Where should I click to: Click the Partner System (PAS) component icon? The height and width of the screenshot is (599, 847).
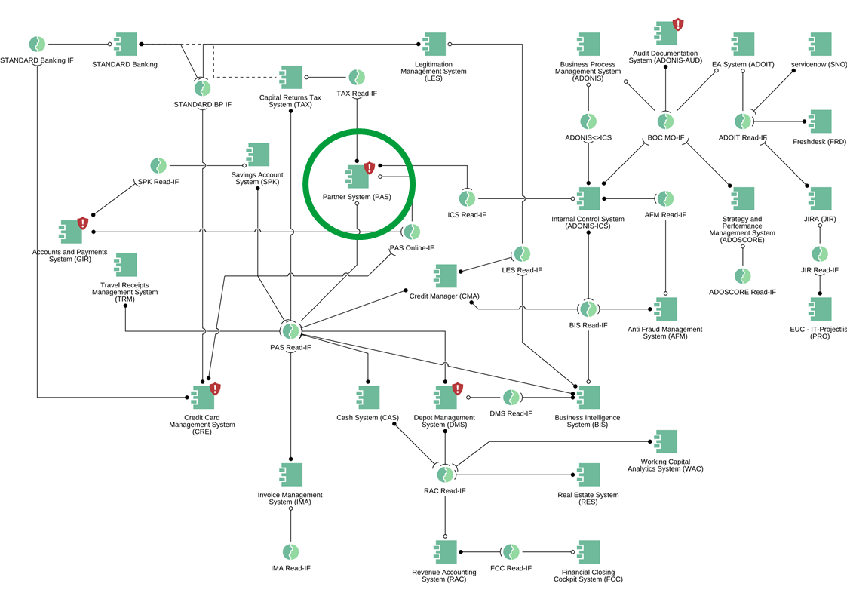point(357,176)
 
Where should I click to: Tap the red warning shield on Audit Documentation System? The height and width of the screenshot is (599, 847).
point(678,24)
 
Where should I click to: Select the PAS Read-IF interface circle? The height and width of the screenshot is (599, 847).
point(290,330)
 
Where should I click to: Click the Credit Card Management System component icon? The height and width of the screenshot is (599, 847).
point(202,398)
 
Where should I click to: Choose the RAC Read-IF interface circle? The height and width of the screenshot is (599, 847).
point(445,474)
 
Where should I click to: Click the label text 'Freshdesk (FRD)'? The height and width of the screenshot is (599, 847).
point(819,142)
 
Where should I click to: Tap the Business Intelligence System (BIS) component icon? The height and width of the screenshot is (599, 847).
point(588,398)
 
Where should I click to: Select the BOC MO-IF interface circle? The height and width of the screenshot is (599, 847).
point(665,121)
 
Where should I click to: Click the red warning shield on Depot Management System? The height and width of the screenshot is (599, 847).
point(457,389)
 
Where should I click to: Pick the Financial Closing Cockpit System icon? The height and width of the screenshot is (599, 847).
point(588,552)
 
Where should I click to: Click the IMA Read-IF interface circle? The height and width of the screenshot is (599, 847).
point(290,552)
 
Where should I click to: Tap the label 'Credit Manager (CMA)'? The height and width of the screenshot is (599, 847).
point(444,296)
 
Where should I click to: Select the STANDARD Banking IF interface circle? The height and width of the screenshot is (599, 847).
point(37,44)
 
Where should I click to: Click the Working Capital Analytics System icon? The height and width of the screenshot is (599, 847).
point(665,441)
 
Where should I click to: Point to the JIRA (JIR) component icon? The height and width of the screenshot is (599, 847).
point(819,198)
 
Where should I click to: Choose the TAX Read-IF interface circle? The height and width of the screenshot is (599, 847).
point(357,77)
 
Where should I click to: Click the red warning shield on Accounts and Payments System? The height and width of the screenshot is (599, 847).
point(83,223)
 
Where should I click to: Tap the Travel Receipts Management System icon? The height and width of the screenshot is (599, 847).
point(124,265)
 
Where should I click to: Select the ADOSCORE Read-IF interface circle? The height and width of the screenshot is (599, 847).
point(743,276)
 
